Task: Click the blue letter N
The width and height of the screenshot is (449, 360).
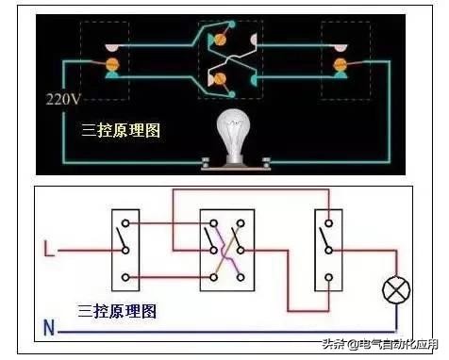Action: pyautogui.click(x=48, y=329)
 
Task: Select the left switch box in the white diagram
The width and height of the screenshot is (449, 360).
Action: pyautogui.click(x=127, y=249)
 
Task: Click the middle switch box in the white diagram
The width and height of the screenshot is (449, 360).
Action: pyautogui.click(x=226, y=249)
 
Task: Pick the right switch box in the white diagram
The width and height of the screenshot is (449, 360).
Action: pyautogui.click(x=328, y=249)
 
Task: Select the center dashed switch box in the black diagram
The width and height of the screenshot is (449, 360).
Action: pyautogui.click(x=229, y=57)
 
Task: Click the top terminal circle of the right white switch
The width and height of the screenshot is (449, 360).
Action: pyautogui.click(x=328, y=223)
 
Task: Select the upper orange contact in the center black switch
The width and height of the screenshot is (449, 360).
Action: pyautogui.click(x=223, y=41)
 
